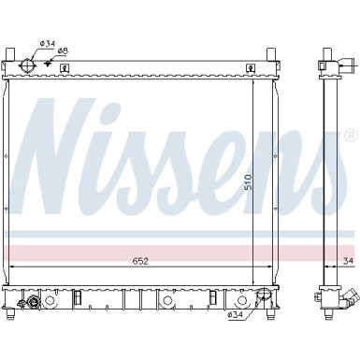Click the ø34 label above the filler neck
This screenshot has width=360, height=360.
click(x=48, y=42)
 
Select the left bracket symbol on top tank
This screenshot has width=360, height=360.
click(x=63, y=67)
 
